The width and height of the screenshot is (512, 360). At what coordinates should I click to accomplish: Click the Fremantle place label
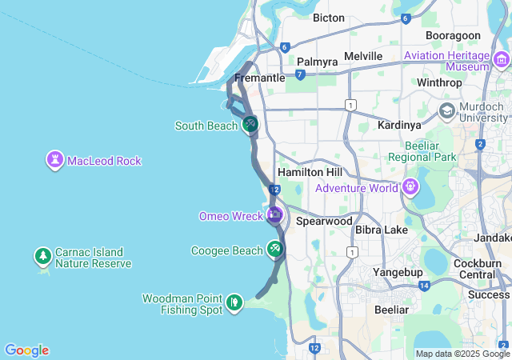(x=260, y=78)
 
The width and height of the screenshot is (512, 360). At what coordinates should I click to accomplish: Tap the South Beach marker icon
(x=250, y=125)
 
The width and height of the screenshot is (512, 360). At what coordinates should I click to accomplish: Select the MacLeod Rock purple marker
(x=55, y=161)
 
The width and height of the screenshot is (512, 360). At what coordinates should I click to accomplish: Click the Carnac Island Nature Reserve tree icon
(x=42, y=257)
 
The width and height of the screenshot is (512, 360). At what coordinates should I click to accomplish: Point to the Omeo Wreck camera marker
(x=274, y=214)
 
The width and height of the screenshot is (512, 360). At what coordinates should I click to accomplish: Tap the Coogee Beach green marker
(x=275, y=250)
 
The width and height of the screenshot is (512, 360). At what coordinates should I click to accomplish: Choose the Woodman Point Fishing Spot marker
(x=234, y=302)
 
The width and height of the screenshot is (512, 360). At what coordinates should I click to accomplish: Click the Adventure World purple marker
(x=411, y=188)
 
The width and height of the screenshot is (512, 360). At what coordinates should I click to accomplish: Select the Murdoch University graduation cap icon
(x=447, y=110)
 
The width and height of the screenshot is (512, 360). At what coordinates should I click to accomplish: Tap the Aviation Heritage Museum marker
(x=502, y=58)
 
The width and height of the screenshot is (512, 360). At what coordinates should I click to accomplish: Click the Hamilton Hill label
(x=310, y=173)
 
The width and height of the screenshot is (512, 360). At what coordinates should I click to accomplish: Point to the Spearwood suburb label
(x=323, y=220)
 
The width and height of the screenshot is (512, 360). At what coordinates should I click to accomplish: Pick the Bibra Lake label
(x=382, y=230)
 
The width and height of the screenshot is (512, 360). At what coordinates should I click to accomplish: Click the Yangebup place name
(x=398, y=272)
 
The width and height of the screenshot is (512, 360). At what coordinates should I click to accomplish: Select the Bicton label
(x=329, y=18)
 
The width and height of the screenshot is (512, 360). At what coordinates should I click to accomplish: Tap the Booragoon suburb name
(x=453, y=36)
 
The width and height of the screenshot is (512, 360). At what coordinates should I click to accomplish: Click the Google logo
(x=26, y=350)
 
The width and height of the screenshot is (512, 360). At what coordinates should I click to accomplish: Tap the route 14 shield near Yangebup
(x=424, y=286)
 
